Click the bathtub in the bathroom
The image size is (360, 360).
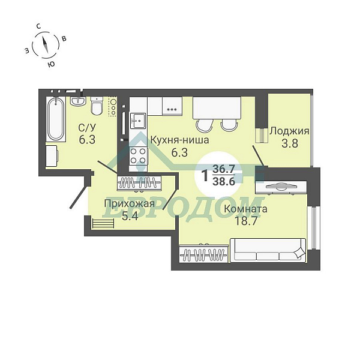tap(56, 119)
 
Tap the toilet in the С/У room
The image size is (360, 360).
tap(97, 106)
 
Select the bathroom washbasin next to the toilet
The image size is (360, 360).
tap(78, 101)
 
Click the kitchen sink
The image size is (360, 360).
tap(138, 121)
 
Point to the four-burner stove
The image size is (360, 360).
tap(138, 155)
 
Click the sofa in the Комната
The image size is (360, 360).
tap(268, 250)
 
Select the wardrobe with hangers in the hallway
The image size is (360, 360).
tap(139, 183)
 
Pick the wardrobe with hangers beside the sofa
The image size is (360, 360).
tap(203, 254)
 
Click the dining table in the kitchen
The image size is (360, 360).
tap(217, 108)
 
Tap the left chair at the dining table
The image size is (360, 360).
tap(205, 125)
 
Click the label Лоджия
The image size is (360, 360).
tap(289, 131)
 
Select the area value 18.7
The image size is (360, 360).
tap(245, 221)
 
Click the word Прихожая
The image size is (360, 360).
tap(130, 203)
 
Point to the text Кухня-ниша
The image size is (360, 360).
tap(179, 140)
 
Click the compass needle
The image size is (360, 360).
tap(45, 44)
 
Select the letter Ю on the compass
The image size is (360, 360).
tap(51, 64)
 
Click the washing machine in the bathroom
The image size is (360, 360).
tap(52, 155)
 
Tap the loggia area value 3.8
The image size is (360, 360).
tap(290, 143)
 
